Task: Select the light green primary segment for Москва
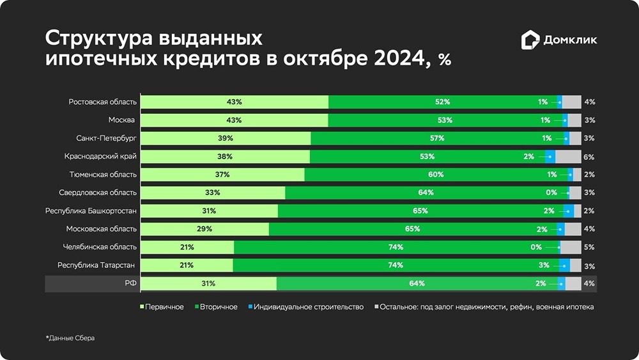pos(234,120)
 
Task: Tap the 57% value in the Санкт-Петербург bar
pos(437,138)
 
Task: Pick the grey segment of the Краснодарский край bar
pos(567,157)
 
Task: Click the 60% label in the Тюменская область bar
pos(436,175)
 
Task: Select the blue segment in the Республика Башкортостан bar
pos(569,210)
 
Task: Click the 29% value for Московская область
pos(204,229)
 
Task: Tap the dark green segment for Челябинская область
pos(396,247)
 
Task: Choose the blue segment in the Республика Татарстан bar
pos(564,265)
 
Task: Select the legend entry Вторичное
pos(216,307)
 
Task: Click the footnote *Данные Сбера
pos(70,338)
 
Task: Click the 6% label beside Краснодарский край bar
pos(589,157)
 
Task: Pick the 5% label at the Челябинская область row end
pos(589,247)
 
